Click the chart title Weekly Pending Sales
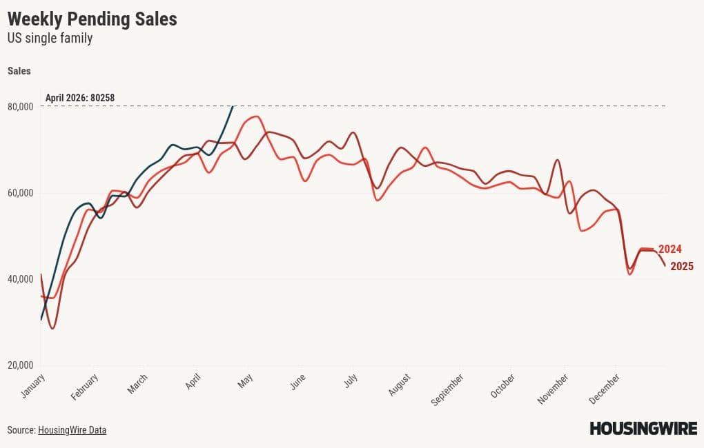pyautogui.click(x=92, y=19)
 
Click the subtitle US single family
pyautogui.click(x=50, y=39)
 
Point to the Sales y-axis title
pyautogui.click(x=19, y=71)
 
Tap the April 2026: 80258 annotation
pyautogui.click(x=80, y=98)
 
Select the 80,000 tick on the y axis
pyautogui.click(x=21, y=107)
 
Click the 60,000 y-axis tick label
pyautogui.click(x=21, y=193)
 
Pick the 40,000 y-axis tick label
pyautogui.click(x=21, y=279)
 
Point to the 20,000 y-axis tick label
pyautogui.click(x=21, y=365)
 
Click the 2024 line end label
pyautogui.click(x=669, y=249)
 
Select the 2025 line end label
pyautogui.click(x=681, y=266)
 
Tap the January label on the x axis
pyautogui.click(x=33, y=386)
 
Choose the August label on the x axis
pyautogui.click(x=400, y=385)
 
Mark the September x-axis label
pyautogui.click(x=447, y=389)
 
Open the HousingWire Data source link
pyautogui.click(x=72, y=430)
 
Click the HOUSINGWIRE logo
pyautogui.click(x=643, y=429)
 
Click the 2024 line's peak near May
pyautogui.click(x=256, y=116)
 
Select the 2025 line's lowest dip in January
pyautogui.click(x=52, y=328)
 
